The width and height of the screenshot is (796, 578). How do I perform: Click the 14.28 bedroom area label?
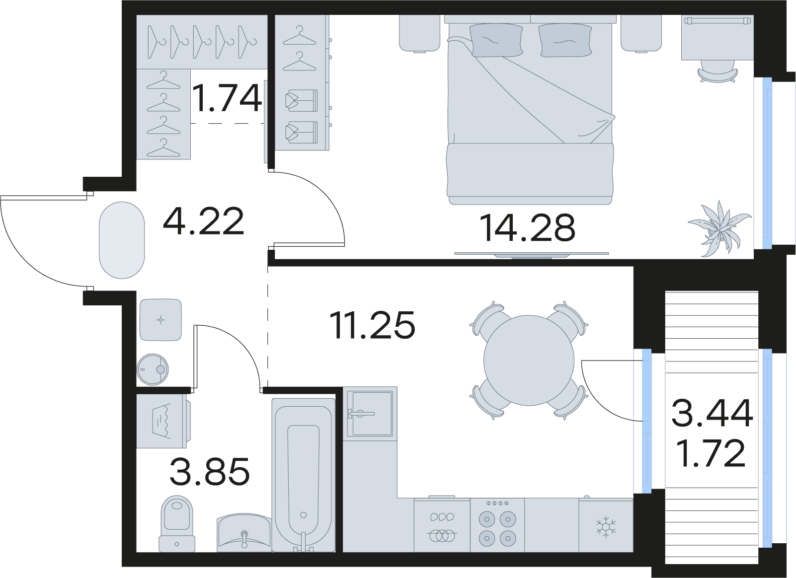point(527,228)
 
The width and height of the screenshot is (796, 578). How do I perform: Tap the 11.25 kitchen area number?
point(372,324)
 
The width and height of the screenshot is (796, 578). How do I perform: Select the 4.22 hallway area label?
point(204,221)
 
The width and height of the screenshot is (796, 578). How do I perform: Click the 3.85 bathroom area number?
point(210,471)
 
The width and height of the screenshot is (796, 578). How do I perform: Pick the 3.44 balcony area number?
point(712,413)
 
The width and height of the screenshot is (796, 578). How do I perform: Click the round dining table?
point(528,360)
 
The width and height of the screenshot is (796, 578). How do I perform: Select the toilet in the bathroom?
point(176,524)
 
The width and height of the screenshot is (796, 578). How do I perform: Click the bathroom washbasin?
point(244,532)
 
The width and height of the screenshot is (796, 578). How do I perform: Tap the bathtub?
point(303,475)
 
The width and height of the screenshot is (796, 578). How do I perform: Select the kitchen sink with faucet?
point(370,414)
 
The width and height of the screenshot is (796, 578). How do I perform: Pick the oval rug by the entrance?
point(122,240)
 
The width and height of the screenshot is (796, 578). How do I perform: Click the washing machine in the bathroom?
point(163,421)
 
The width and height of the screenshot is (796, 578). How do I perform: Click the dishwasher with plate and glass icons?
point(442,525)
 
